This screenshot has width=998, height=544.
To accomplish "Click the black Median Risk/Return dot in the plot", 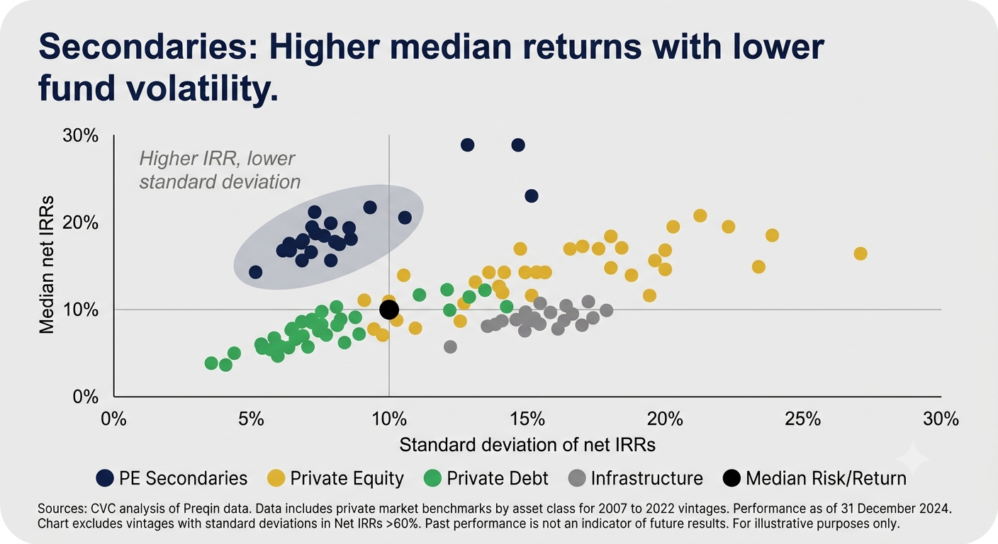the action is click(389, 310).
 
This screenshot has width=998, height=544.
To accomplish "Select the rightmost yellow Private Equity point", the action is click(860, 254).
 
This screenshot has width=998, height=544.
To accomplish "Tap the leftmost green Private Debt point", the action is click(211, 363).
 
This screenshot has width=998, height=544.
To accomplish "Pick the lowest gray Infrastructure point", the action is click(450, 347).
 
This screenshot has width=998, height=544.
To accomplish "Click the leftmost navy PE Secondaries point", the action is click(255, 272).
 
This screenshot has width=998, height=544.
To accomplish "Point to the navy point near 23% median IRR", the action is click(531, 196).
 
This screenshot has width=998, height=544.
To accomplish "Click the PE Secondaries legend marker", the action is click(105, 478).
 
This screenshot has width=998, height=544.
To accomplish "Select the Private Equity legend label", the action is click(347, 478).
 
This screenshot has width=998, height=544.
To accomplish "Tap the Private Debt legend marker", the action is click(432, 478).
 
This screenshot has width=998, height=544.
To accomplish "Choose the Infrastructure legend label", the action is click(646, 478).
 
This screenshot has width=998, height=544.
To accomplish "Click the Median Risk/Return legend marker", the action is click(731, 478).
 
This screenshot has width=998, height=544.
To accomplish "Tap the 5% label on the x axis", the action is click(250, 419).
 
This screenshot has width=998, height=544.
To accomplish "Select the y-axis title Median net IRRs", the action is click(46, 264).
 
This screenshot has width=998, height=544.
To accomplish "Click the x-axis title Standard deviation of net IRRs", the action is click(527, 445).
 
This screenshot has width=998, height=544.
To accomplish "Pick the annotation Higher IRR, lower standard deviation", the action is click(220, 170).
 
